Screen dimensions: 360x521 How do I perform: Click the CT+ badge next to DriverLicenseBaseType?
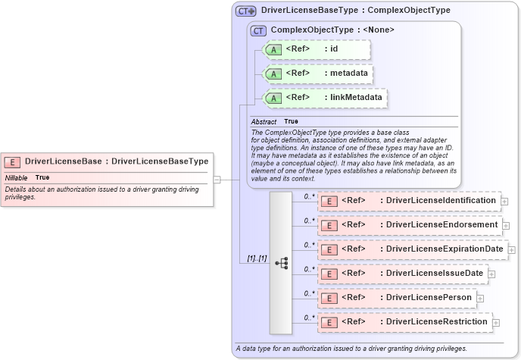(x=246, y=11)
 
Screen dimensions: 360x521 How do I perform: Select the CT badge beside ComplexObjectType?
(x=259, y=30)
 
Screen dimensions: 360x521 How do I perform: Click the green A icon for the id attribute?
(x=273, y=49)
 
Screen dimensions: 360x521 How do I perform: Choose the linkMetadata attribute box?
(x=323, y=98)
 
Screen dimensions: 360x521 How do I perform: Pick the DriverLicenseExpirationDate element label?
(x=444, y=249)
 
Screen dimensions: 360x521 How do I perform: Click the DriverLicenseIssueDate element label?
(x=434, y=273)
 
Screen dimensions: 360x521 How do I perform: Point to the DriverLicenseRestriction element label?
(x=436, y=322)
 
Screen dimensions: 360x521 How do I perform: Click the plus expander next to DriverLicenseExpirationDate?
(x=512, y=249)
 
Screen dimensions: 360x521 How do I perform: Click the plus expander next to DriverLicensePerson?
(x=482, y=299)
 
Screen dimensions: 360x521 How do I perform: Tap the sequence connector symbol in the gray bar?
(x=282, y=263)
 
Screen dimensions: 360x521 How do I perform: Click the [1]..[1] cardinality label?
(x=257, y=258)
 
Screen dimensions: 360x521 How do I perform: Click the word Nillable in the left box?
(x=16, y=177)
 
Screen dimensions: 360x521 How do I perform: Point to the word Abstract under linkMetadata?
(x=264, y=121)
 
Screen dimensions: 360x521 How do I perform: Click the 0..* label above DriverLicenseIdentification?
(x=309, y=196)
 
